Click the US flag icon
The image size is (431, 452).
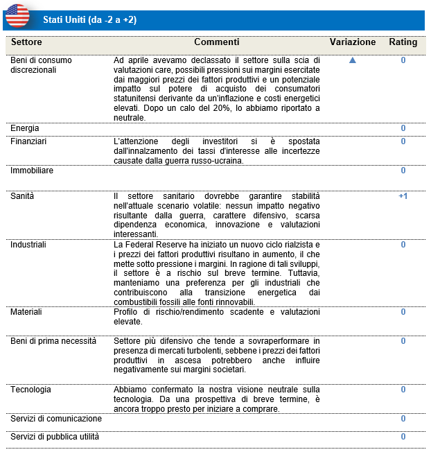pyautogui.click(x=17, y=16)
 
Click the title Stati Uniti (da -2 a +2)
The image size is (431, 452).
pyautogui.click(x=89, y=19)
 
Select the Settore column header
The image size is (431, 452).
pyautogui.click(x=26, y=42)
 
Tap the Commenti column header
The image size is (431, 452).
pyautogui.click(x=216, y=42)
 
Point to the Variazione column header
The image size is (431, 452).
pyautogui.click(x=353, y=42)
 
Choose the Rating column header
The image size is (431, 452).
pyautogui.click(x=403, y=42)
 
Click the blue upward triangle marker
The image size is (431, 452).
pyautogui.click(x=352, y=60)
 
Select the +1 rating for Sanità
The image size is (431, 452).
pyautogui.click(x=403, y=196)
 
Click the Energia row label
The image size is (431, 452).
pyautogui.click(x=25, y=128)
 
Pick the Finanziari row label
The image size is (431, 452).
pyautogui.click(x=28, y=141)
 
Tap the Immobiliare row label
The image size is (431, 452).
pyautogui.click(x=31, y=170)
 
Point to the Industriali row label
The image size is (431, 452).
pyautogui.click(x=28, y=245)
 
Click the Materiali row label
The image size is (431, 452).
pyautogui.click(x=26, y=312)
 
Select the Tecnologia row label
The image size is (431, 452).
pyautogui.click(x=30, y=390)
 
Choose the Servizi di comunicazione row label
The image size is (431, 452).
pyautogui.click(x=56, y=419)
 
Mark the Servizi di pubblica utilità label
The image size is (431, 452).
pyautogui.click(x=55, y=437)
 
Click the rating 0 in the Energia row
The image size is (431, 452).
pyautogui.click(x=403, y=128)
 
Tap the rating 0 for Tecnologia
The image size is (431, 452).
pyautogui.click(x=403, y=390)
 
